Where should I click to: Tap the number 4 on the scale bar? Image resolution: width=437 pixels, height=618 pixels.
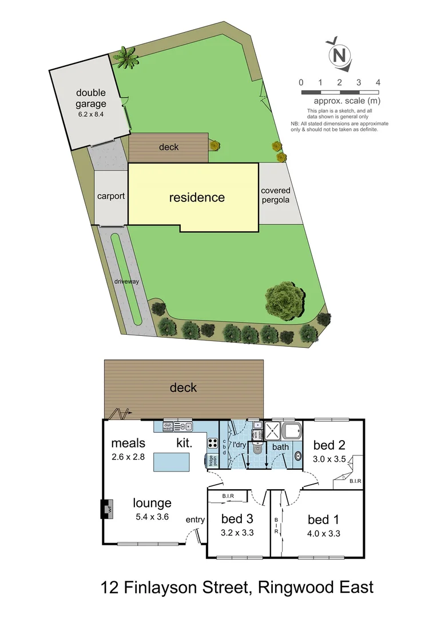[x=378, y=82]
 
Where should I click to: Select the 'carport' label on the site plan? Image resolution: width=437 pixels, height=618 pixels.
[x=110, y=196]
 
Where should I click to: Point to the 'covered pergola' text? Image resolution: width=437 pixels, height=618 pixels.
[x=275, y=195]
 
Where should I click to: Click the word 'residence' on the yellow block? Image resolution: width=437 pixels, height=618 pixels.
[x=197, y=197]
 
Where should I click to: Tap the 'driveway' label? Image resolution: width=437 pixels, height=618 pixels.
[x=126, y=282]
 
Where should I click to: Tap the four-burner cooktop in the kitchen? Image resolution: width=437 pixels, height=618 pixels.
[x=212, y=442]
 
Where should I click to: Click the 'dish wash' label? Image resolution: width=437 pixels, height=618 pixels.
[x=168, y=426]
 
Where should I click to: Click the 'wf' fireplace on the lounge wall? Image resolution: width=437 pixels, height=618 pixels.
[x=106, y=508]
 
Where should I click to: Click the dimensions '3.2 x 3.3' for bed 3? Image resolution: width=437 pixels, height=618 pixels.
[x=237, y=532]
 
